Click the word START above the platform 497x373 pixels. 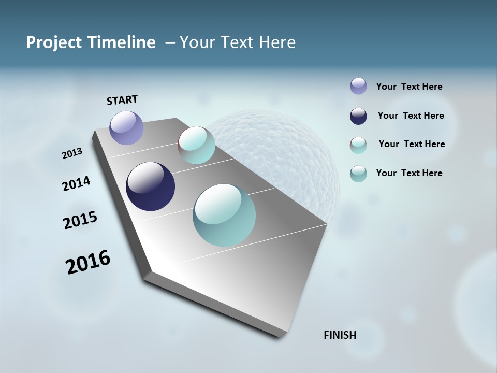tap(122, 100)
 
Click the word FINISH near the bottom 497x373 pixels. tap(340, 335)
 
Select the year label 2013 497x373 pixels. tap(72, 153)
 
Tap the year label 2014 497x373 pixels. tap(77, 184)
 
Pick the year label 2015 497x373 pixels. tap(80, 220)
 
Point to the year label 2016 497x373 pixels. tap(88, 262)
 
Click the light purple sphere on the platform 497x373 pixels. tap(127, 127)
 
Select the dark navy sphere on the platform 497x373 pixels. tap(150, 187)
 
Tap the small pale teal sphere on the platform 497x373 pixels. tap(197, 145)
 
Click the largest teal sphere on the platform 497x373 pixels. tap(224, 215)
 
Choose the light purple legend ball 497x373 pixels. tap(358, 86)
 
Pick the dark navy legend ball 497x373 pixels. tap(358, 116)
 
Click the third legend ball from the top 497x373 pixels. tap(358, 145)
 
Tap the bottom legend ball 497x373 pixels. tap(358, 174)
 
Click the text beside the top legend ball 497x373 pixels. tap(409, 87)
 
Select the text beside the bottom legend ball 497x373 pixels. tap(409, 173)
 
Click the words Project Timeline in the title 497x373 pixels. tap(91, 42)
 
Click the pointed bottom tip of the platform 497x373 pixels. tap(280, 336)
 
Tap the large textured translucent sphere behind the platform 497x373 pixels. tap(290, 150)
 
